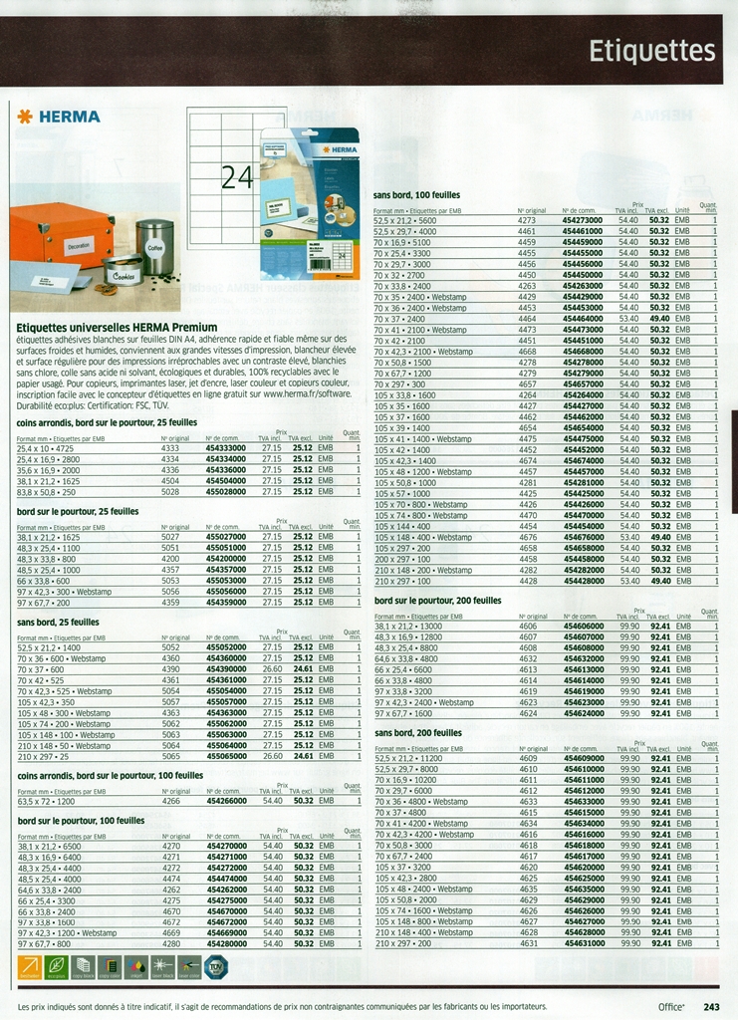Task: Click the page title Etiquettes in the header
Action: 651,51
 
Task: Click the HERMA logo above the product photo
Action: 60,117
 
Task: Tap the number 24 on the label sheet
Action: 237,177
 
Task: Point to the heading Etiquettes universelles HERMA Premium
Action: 118,327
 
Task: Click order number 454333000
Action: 226,448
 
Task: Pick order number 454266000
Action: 226,801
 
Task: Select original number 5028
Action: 170,491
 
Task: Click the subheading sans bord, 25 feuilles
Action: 59,622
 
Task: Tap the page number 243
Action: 711,1007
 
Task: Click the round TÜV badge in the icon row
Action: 215,965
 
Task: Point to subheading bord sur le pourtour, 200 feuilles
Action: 438,601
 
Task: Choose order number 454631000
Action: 584,942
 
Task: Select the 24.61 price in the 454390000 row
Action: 303,669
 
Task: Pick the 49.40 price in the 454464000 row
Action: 659,319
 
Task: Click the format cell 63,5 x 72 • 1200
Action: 46,801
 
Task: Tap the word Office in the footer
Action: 671,1007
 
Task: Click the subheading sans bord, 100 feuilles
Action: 416,195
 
